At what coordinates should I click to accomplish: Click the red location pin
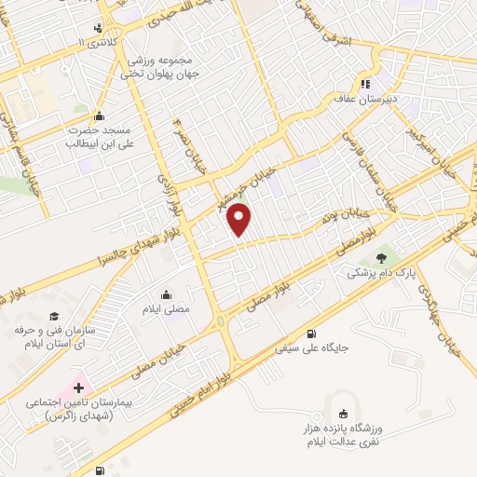click(240, 220)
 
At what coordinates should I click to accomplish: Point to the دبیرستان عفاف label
click(365, 96)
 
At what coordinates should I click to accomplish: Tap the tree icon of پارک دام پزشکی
click(379, 258)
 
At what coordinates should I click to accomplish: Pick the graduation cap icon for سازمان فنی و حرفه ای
click(55, 316)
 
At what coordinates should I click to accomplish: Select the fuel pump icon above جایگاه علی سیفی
click(310, 334)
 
